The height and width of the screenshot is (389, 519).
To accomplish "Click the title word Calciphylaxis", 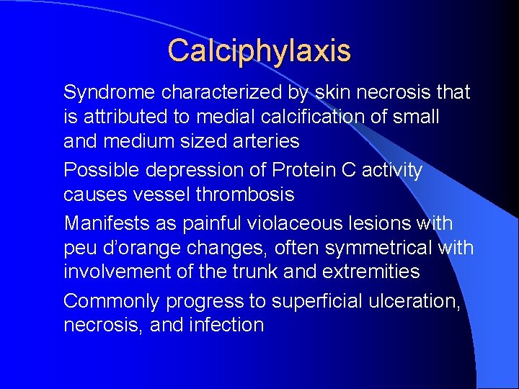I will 259,50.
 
